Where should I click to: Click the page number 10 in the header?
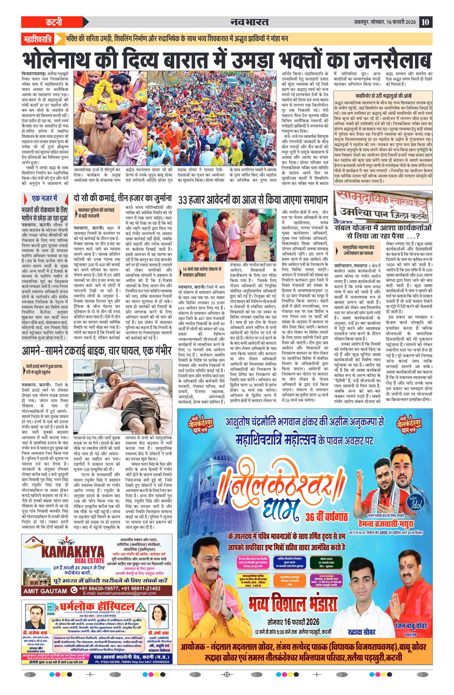coord(425,22)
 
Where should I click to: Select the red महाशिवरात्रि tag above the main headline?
coord(38,39)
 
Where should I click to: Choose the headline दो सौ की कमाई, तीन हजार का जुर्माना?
coord(123,199)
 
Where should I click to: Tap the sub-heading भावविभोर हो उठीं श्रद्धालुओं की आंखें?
coord(383,95)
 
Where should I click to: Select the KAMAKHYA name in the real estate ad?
coord(73,552)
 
